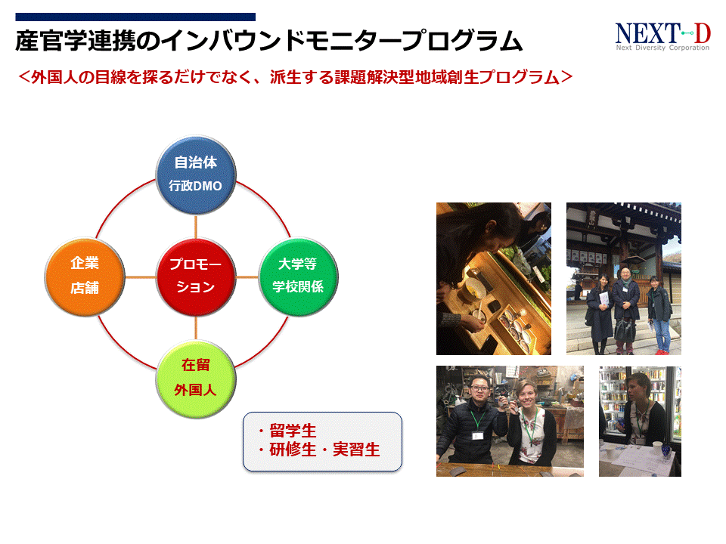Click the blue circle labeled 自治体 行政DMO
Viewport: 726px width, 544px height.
196,175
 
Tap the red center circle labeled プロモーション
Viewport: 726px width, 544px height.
196,276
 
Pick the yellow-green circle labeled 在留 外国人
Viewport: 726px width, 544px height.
196,378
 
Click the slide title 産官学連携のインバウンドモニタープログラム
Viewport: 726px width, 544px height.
269,42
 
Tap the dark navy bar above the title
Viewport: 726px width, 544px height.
135,17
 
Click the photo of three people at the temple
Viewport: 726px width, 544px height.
623,279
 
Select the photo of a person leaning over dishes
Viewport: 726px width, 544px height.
493,279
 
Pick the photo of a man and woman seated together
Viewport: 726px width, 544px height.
510,421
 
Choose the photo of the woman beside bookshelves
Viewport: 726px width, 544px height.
640,421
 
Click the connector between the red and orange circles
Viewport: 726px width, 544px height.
140,276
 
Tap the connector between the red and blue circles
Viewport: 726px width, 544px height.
196,225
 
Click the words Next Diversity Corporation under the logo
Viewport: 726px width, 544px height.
662,48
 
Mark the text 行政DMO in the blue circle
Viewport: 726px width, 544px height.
196,185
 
